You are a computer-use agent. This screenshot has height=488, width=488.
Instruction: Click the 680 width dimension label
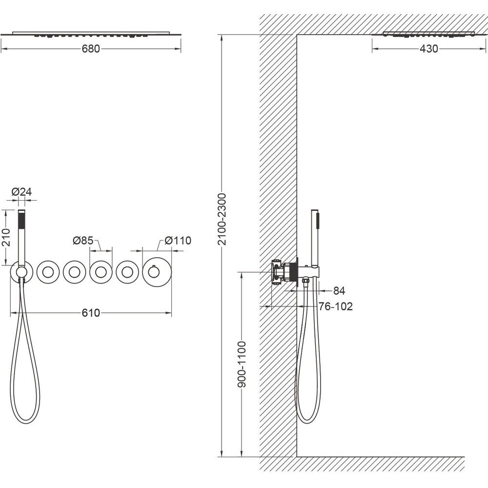91,49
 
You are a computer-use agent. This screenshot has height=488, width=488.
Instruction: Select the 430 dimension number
428,48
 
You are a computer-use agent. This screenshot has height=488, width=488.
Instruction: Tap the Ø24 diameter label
21,192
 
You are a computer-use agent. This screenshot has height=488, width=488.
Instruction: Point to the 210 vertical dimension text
6,237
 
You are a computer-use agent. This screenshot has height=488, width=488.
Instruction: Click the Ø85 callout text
83,240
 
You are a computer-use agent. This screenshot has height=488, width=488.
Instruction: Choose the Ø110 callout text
178,240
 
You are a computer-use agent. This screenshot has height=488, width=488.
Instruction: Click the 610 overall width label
91,312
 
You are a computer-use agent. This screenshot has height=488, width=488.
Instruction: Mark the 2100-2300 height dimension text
222,220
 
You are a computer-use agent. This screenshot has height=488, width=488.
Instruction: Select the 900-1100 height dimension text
242,364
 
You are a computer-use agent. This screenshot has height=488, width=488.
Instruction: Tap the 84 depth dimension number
339,291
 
